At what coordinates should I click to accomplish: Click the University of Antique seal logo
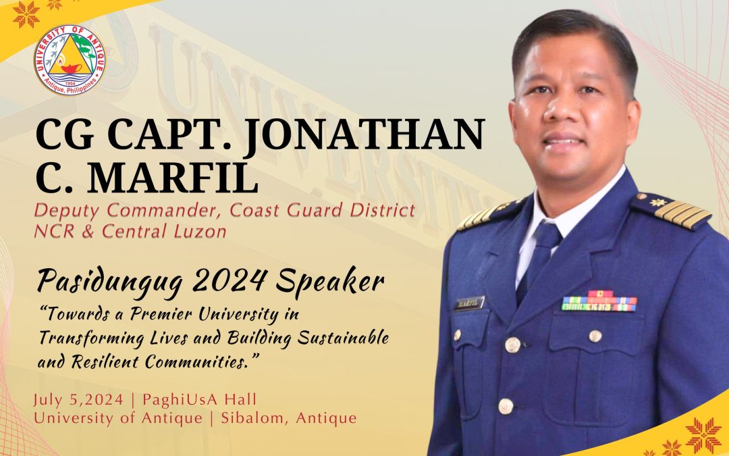coord(70,60)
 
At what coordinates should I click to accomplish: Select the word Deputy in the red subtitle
coord(66,211)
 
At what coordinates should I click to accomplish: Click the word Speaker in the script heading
coord(329,281)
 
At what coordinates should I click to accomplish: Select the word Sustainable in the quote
coord(343,338)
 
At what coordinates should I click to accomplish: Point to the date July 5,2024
coord(78,400)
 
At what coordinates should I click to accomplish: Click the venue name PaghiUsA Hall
coord(199,400)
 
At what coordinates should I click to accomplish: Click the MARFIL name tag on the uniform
coord(468,304)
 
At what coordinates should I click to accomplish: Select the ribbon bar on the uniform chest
coord(599,301)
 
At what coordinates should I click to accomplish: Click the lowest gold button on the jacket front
coord(506,406)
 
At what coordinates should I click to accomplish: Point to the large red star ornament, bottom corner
coord(704,435)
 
